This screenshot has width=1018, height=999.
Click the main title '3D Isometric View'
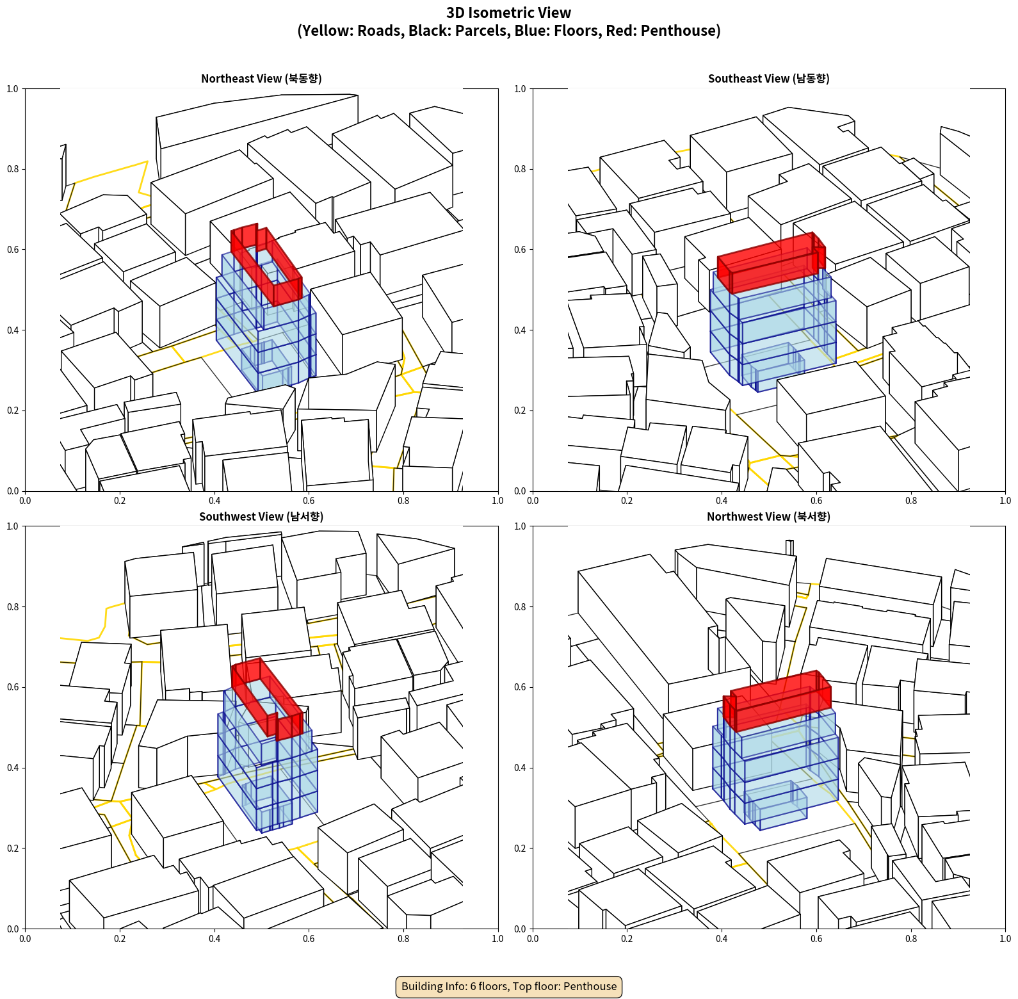click(x=508, y=13)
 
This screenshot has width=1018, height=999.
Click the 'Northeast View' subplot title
click(x=261, y=79)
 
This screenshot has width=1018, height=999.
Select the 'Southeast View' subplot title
click(x=768, y=79)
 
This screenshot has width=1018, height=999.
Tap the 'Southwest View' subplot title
click(x=261, y=517)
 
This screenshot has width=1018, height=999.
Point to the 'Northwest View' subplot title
click(x=768, y=517)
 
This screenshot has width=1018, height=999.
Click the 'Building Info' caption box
click(x=509, y=986)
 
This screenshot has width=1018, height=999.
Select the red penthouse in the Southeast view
click(x=772, y=263)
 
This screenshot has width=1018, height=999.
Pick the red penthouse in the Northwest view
click(x=777, y=701)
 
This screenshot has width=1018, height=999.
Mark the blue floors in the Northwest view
click(x=775, y=768)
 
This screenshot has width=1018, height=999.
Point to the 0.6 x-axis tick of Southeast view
click(x=816, y=501)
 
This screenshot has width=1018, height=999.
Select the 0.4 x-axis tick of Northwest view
click(x=722, y=939)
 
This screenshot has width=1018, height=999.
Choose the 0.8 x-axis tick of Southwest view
click(x=403, y=939)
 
